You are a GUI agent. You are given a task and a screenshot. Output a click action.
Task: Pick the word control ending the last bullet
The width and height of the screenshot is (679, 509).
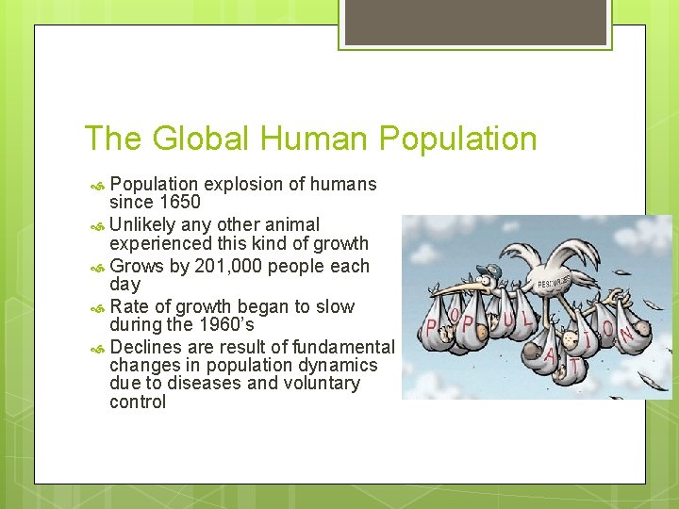(x=138, y=402)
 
